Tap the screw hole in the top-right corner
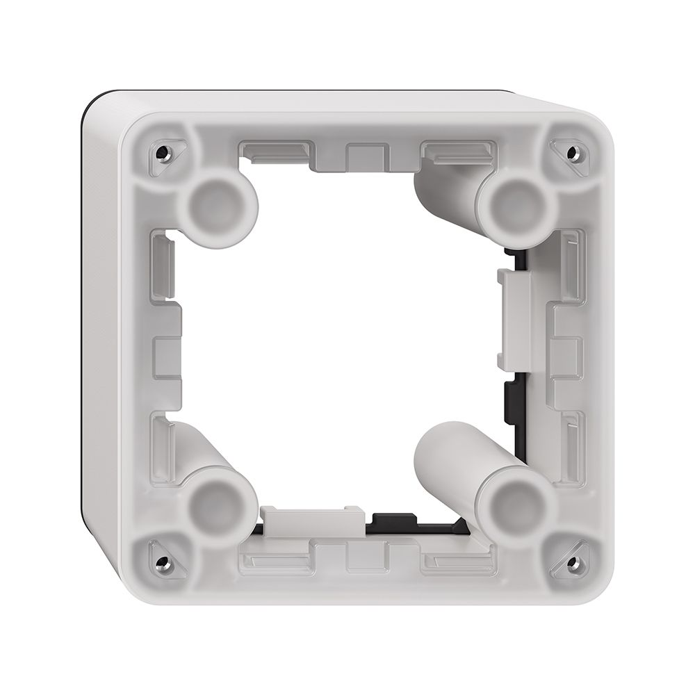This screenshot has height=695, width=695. (x=571, y=151)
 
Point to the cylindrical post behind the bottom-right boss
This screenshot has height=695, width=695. (x=452, y=459)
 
